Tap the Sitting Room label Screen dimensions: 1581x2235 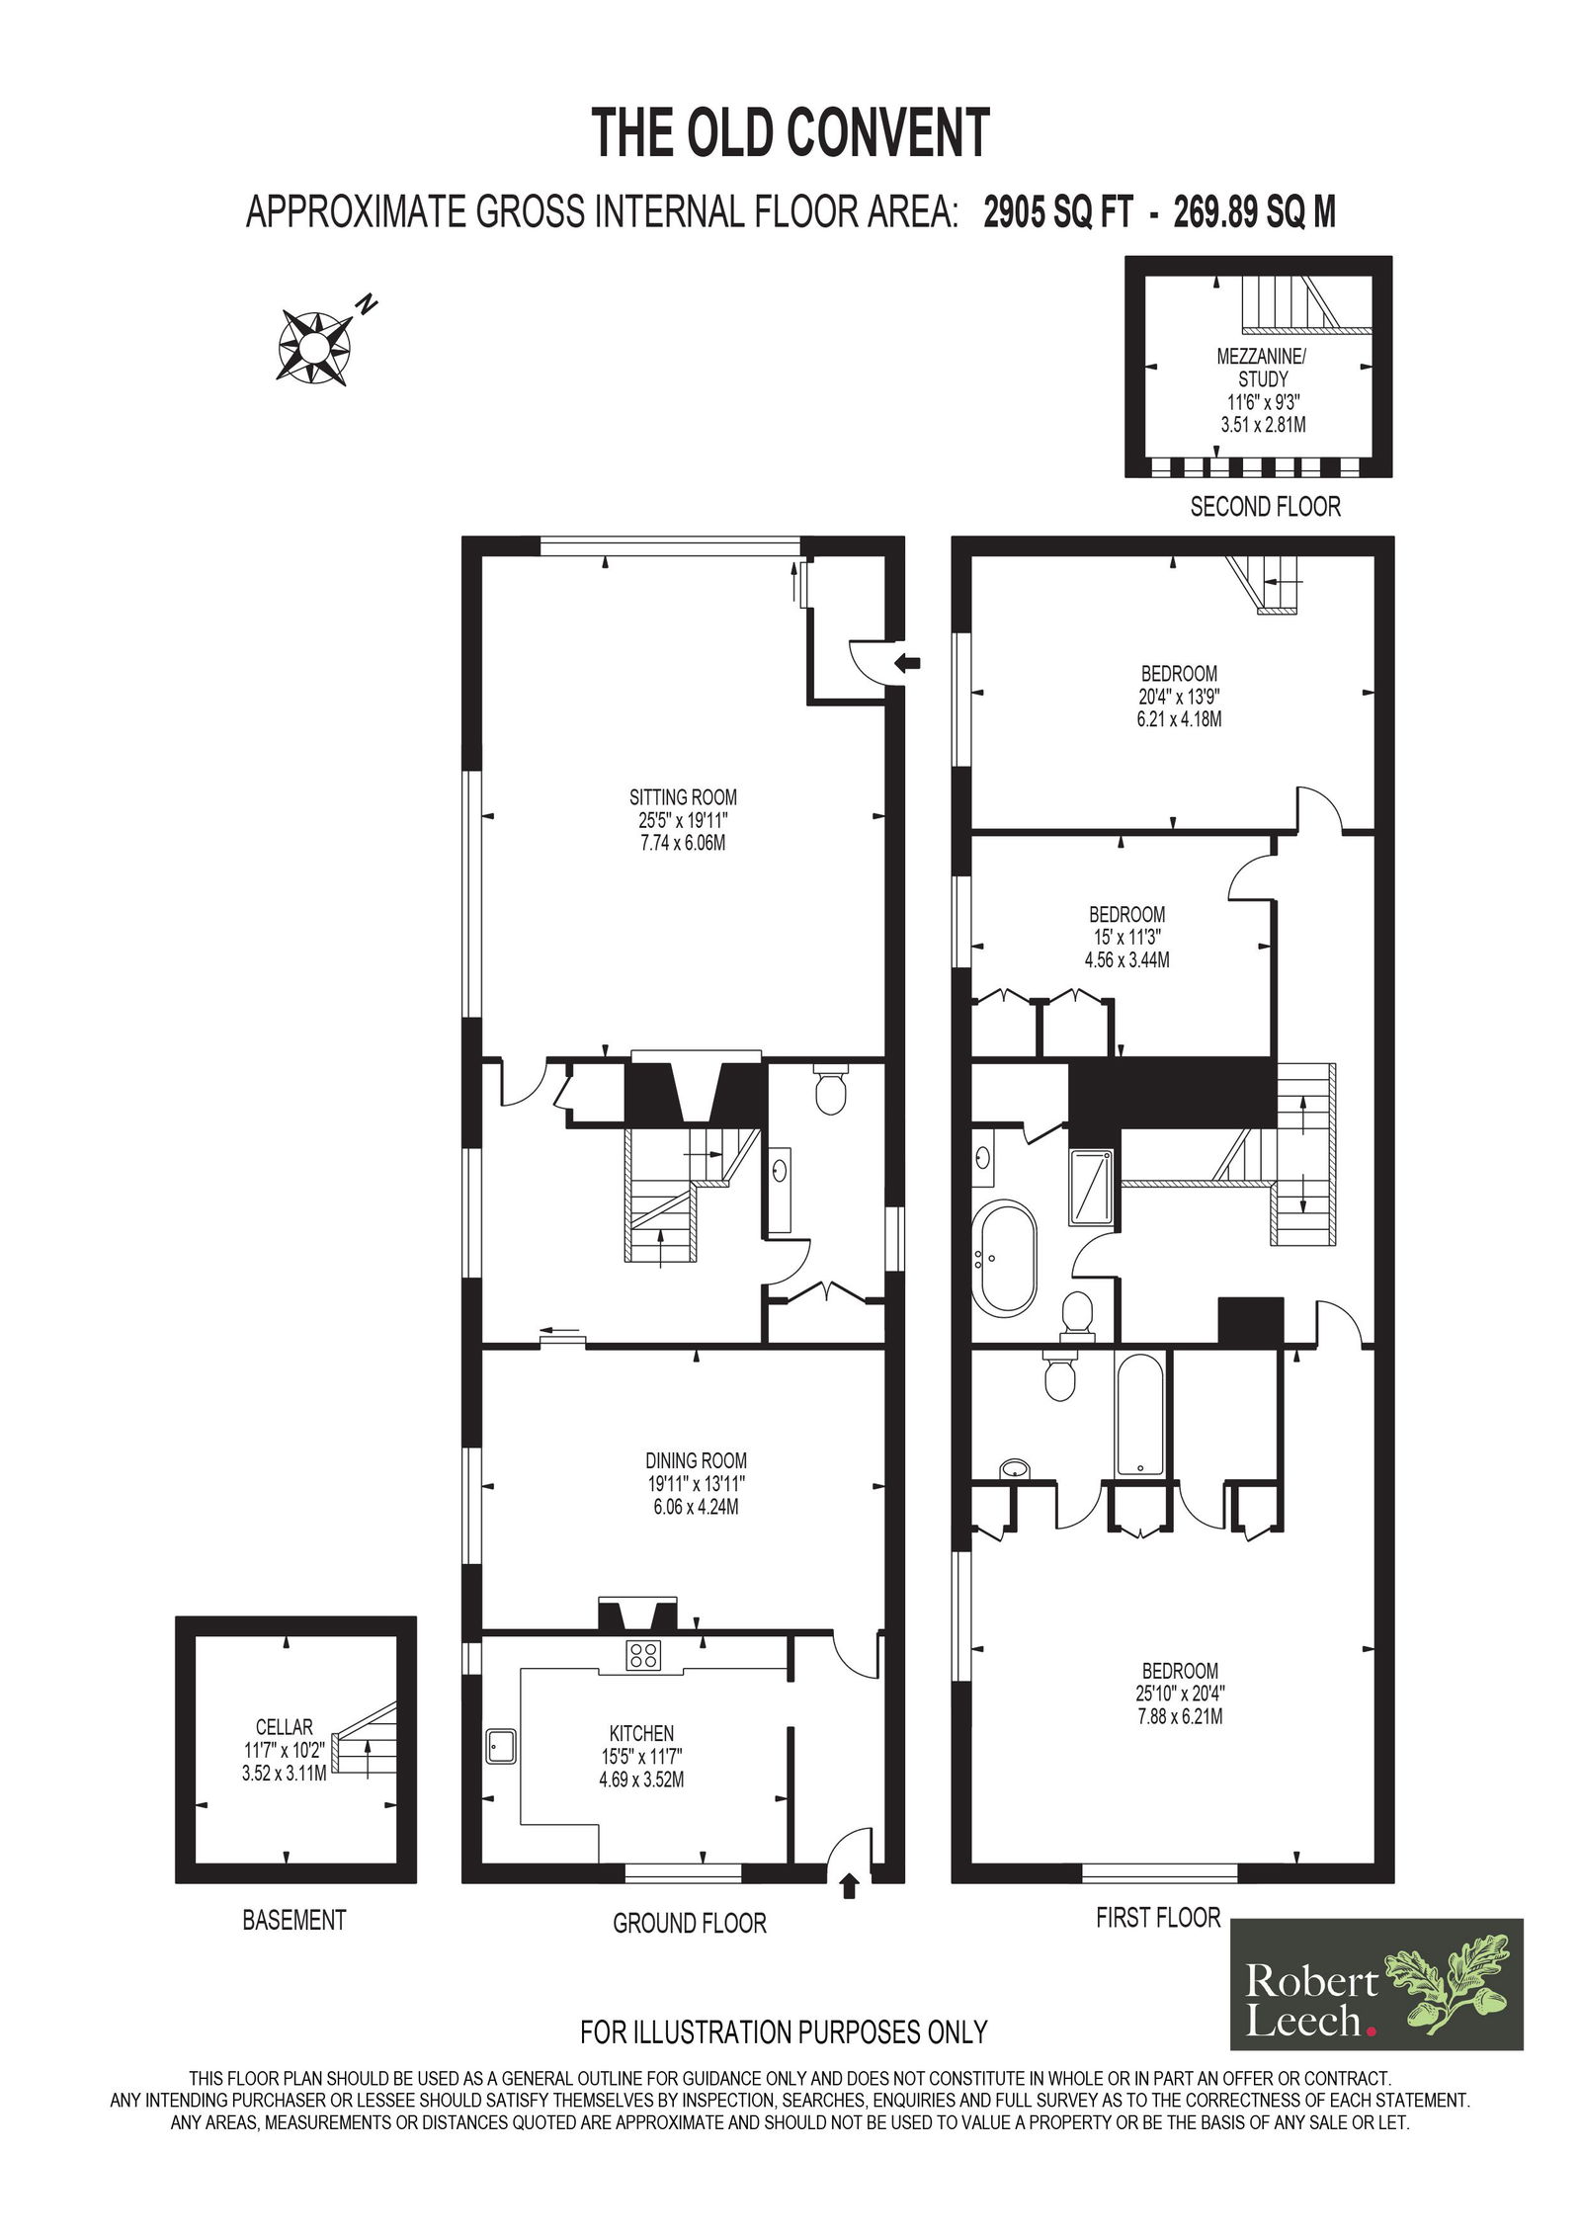pos(683,796)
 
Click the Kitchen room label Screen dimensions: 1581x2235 pos(641,1733)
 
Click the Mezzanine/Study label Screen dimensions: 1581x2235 pos(1262,367)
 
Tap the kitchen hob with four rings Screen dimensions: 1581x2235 pos(643,1655)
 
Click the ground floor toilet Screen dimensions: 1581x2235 pos(829,1088)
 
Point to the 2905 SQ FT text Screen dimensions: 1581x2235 pos(1057,212)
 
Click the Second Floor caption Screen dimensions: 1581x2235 pos(1265,507)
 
